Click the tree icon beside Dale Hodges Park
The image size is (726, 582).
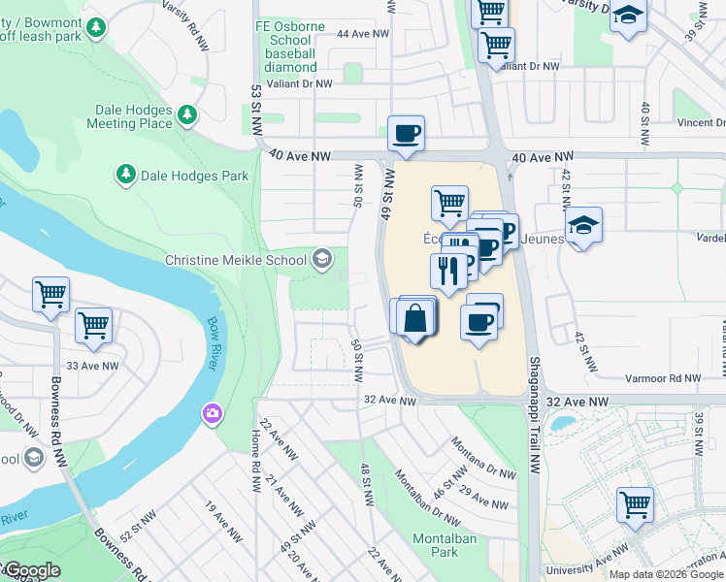(x=125, y=175)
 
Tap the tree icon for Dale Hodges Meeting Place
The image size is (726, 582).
(x=186, y=115)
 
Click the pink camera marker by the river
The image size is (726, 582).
(x=212, y=415)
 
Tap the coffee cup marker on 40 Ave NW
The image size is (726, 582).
(x=406, y=133)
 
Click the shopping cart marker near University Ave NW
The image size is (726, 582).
(x=635, y=504)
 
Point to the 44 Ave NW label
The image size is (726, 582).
(x=355, y=33)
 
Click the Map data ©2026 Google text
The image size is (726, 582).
(x=667, y=574)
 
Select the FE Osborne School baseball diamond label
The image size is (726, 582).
(x=289, y=47)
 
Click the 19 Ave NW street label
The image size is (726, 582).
(x=223, y=521)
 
